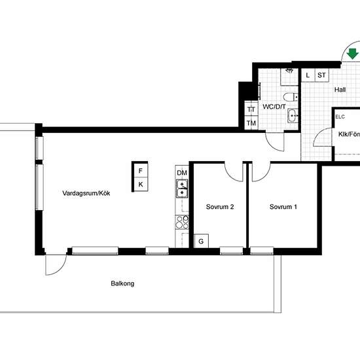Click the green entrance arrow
[352, 54]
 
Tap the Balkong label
[122, 283]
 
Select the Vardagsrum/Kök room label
[86, 193]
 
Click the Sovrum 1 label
[283, 207]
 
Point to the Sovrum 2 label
[220, 207]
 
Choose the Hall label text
[340, 90]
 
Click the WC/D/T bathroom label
[274, 107]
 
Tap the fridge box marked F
[141, 170]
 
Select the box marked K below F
[141, 184]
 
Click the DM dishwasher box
[182, 172]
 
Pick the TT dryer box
[251, 109]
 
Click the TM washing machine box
[251, 123]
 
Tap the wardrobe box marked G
[201, 241]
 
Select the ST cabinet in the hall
[321, 75]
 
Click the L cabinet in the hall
[308, 75]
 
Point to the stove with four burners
[182, 223]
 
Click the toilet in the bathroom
[291, 97]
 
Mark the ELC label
[340, 117]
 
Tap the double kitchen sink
[182, 189]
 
